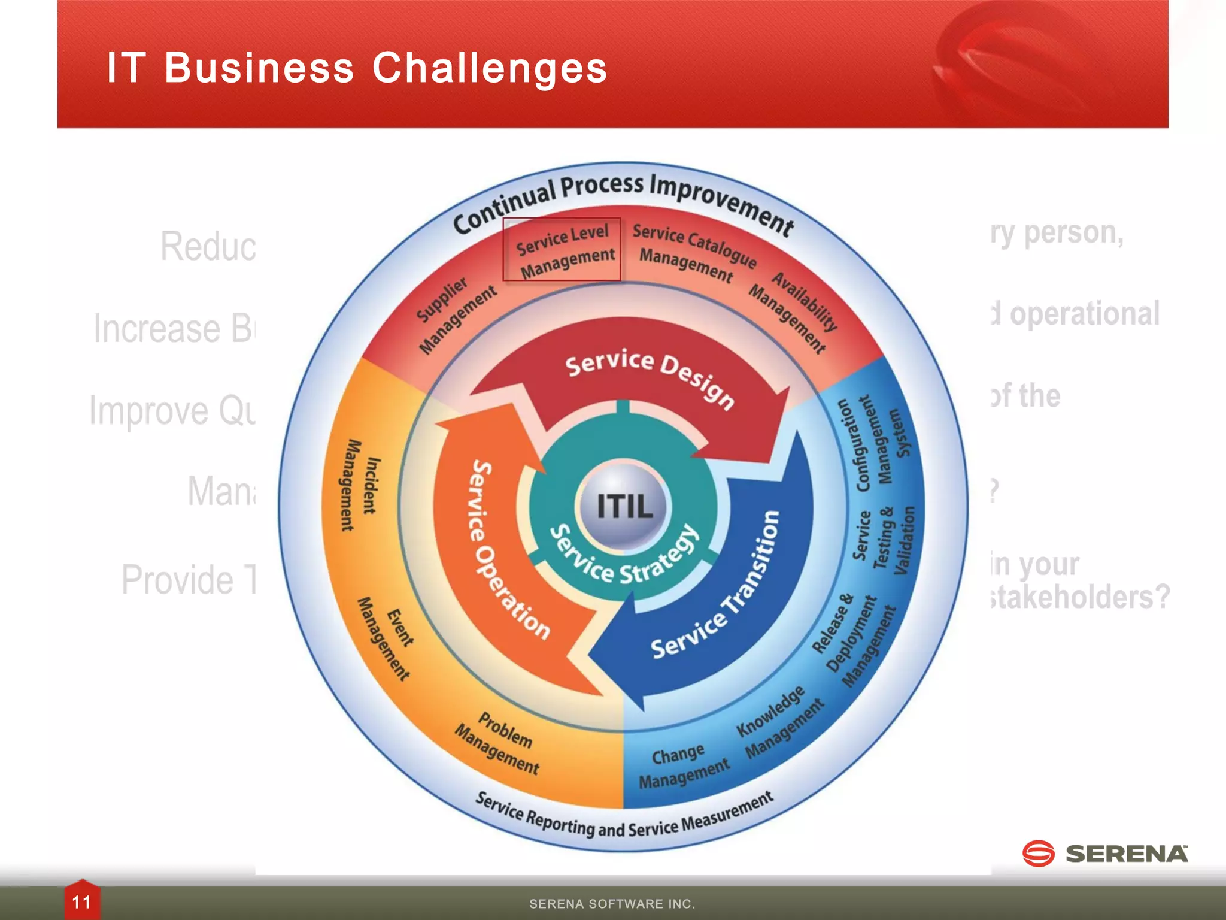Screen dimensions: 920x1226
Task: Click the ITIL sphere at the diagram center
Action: [624, 505]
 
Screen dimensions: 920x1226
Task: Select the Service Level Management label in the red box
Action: [563, 250]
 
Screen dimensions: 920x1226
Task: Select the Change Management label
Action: [682, 767]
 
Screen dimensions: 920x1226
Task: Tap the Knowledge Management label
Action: [778, 721]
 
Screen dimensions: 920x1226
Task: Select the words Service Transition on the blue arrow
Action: [718, 590]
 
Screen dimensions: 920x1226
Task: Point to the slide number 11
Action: [81, 902]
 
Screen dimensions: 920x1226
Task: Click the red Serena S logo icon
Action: [1038, 853]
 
